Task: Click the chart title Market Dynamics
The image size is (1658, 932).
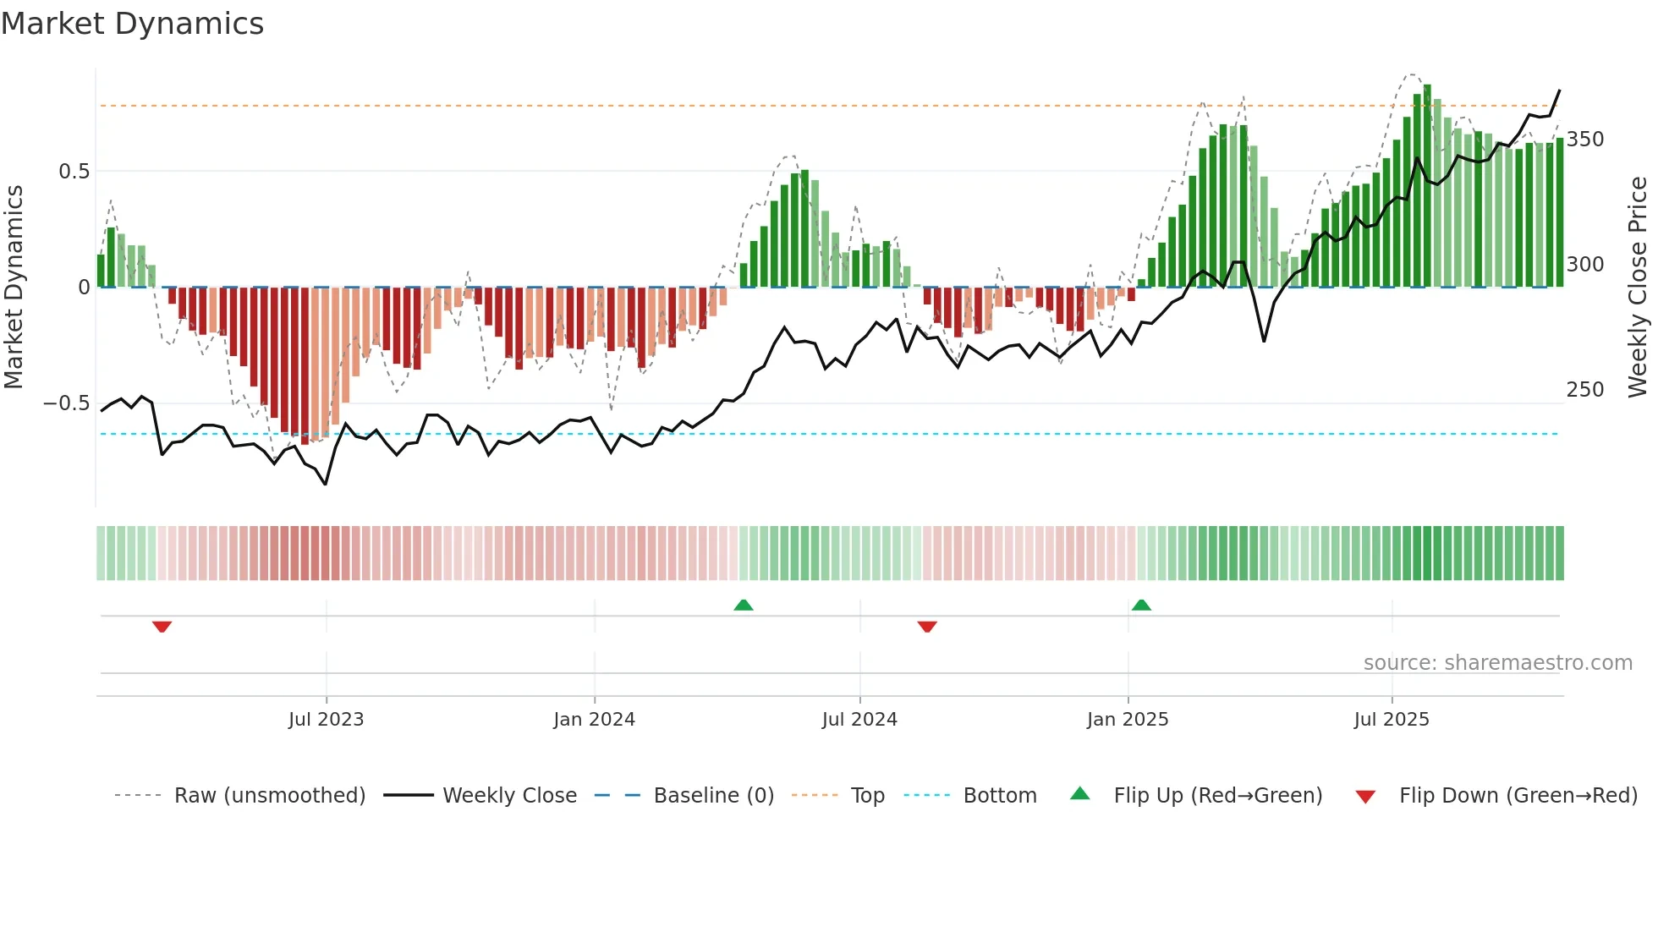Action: pyautogui.click(x=132, y=24)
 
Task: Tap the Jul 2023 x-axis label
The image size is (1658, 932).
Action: pyautogui.click(x=326, y=720)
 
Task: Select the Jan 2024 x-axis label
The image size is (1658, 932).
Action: pyautogui.click(x=594, y=720)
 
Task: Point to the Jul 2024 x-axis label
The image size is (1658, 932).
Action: pyautogui.click(x=859, y=720)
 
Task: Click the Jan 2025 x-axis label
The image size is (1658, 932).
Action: pyautogui.click(x=1128, y=720)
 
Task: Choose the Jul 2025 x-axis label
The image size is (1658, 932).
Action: pyautogui.click(x=1392, y=720)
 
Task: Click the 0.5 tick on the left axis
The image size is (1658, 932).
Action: pyautogui.click(x=74, y=172)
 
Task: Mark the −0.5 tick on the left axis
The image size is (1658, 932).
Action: pyautogui.click(x=67, y=403)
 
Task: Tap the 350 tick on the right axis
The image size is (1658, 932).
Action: pyautogui.click(x=1584, y=140)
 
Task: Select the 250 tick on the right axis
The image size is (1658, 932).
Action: pyautogui.click(x=1584, y=390)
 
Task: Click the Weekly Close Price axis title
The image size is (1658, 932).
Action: pyautogui.click(x=1638, y=288)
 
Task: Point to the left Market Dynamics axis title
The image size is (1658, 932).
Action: pyautogui.click(x=14, y=288)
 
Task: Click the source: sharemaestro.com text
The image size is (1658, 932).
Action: pyautogui.click(x=1497, y=663)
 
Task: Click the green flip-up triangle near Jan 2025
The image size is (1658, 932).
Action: pyautogui.click(x=1141, y=605)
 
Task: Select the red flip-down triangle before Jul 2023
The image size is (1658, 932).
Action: pyautogui.click(x=162, y=627)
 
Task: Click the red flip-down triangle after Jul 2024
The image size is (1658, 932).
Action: pyautogui.click(x=927, y=627)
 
